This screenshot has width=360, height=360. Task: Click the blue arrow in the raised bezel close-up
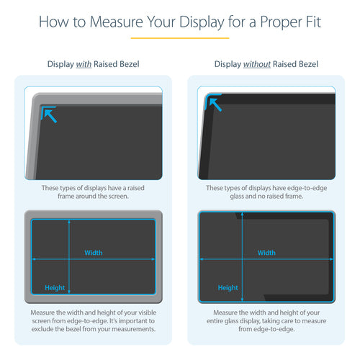pyautogui.click(x=49, y=113)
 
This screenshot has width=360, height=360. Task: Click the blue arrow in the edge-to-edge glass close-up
pyautogui.click(x=215, y=104)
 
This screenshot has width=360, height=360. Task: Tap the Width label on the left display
pyautogui.click(x=94, y=253)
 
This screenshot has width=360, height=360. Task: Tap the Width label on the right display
pyautogui.click(x=266, y=253)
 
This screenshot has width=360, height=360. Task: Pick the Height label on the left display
pyautogui.click(x=55, y=287)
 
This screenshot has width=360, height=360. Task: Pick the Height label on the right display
pyautogui.click(x=228, y=287)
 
